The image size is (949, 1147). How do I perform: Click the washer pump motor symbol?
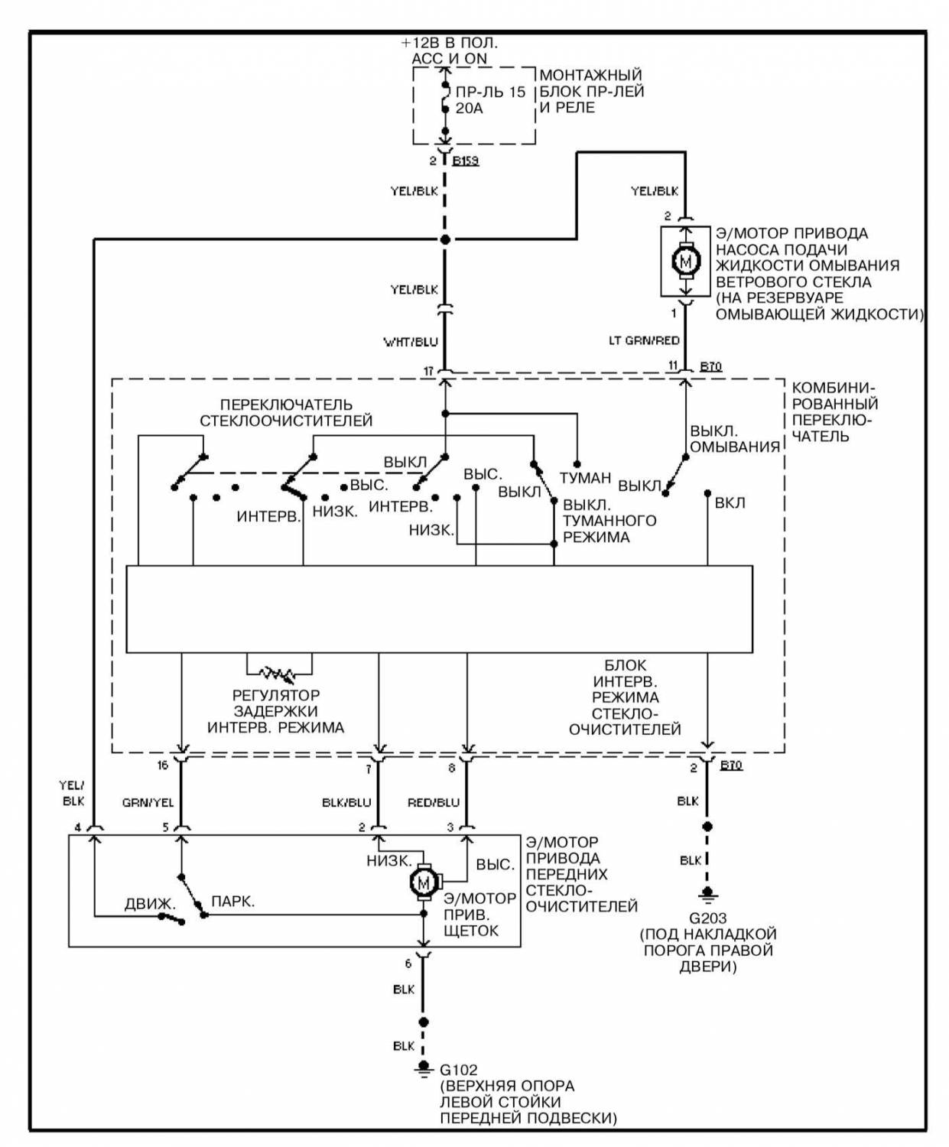(685, 261)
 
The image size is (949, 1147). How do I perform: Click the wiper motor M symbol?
(423, 882)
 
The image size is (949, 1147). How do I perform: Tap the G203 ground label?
(708, 918)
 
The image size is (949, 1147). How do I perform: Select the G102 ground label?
(459, 1070)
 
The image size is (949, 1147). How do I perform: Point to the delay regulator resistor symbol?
(279, 672)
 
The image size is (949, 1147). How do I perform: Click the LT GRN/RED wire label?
(643, 340)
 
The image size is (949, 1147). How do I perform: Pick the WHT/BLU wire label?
(411, 343)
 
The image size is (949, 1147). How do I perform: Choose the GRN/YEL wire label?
(148, 803)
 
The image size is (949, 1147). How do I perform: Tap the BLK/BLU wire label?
(346, 803)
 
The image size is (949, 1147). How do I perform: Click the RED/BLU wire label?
(434, 803)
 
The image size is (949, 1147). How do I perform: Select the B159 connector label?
(466, 161)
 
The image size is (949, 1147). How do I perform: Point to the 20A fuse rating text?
(469, 109)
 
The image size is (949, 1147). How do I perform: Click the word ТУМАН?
(585, 478)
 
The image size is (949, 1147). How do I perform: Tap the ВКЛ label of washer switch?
(730, 502)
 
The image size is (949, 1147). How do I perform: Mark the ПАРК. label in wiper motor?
(233, 902)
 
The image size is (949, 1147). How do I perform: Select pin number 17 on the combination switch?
(428, 372)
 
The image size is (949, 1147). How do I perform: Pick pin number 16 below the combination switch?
(162, 765)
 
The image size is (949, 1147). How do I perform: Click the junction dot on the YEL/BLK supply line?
(445, 239)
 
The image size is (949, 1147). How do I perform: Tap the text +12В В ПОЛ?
(450, 43)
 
